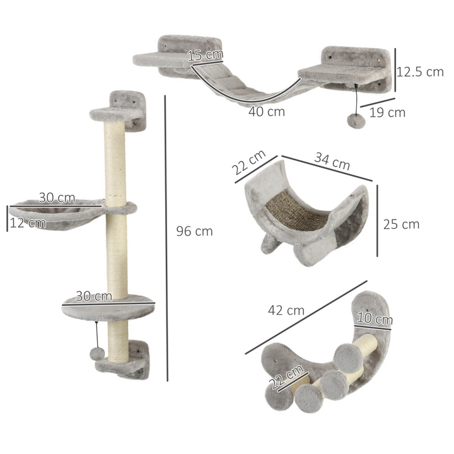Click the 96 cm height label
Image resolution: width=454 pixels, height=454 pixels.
(x=194, y=231)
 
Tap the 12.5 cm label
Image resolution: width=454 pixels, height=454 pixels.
(x=421, y=72)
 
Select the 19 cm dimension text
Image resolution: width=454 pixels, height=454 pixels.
(x=387, y=113)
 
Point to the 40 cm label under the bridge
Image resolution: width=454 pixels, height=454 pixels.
(x=265, y=112)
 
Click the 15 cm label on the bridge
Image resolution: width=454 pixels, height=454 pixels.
(x=206, y=55)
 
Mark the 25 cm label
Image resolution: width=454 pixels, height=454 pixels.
(x=401, y=224)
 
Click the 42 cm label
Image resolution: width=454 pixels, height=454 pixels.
(x=286, y=310)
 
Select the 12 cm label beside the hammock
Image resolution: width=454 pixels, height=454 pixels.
(x=28, y=222)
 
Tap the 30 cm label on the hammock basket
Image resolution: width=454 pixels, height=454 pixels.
(x=57, y=197)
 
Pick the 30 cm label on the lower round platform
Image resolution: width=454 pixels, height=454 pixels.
(x=94, y=295)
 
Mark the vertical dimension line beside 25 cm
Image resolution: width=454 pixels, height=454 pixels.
(x=377, y=220)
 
